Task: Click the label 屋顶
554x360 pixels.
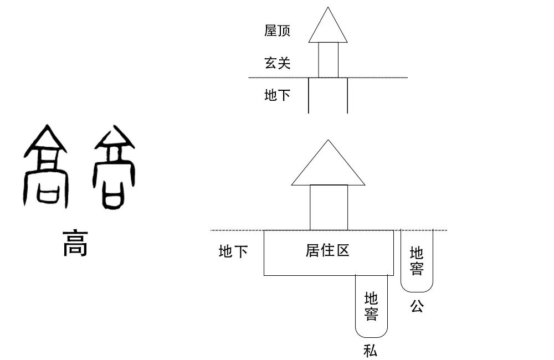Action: coord(277,30)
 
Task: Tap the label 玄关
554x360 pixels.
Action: coord(277,63)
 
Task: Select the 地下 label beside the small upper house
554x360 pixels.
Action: coord(277,95)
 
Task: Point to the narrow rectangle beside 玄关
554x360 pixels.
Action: coord(328,60)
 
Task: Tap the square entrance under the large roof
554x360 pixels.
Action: coord(329,207)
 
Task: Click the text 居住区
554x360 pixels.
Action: coord(327,250)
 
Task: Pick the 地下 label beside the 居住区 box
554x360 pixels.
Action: coord(233,252)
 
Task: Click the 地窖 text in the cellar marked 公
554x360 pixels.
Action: coord(417,261)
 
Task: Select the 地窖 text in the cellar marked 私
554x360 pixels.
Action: coord(371,306)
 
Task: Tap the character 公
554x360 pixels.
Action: coord(417,306)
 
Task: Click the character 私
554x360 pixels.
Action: coord(371,350)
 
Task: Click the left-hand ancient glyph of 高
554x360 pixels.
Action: coord(45,166)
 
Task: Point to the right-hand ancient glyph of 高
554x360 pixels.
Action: coord(115,166)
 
